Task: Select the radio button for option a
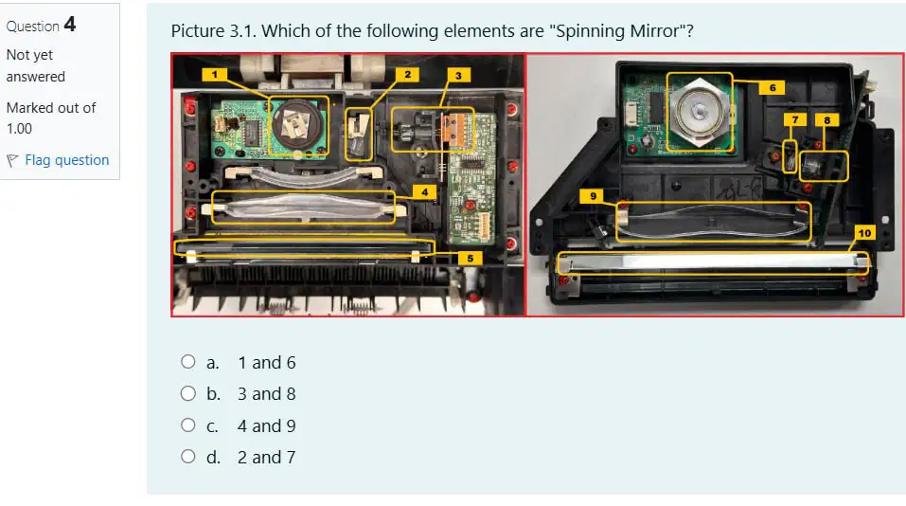coord(187,362)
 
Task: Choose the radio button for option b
coord(187,394)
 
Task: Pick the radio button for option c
coord(187,425)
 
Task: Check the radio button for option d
coord(187,457)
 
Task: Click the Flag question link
coord(66,160)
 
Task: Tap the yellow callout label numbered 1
coord(214,74)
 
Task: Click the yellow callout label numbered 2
coord(407,75)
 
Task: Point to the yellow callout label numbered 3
coord(459,75)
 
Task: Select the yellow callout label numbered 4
coord(425,192)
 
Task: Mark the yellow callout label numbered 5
coord(470,258)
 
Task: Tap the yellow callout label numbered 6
coord(773,88)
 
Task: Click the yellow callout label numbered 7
coord(795,119)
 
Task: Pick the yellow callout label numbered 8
coord(826,120)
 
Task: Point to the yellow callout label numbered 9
coord(593,196)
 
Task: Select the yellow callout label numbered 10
coord(864,233)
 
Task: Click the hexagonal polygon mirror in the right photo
coord(700,112)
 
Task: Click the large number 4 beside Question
coord(70,25)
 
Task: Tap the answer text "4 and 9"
coord(266,426)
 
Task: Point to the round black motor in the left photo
coord(297,125)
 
